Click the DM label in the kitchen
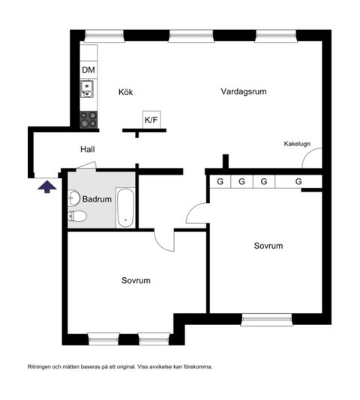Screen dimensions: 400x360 click(88, 70)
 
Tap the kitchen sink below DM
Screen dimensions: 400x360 click(88, 91)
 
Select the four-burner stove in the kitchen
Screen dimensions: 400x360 click(88, 118)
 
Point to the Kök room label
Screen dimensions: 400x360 click(125, 93)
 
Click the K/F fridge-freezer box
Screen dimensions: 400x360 click(151, 118)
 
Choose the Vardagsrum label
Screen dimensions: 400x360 click(244, 91)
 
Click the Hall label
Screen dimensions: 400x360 click(88, 150)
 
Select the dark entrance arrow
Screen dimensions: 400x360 click(46, 186)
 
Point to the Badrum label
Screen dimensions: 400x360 click(97, 200)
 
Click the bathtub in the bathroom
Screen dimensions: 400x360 click(125, 209)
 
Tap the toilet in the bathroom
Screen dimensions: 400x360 click(77, 216)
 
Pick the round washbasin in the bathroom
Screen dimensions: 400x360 click(73, 199)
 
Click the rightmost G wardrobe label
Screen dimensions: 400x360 click(298, 181)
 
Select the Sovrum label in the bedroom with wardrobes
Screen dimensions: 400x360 click(268, 246)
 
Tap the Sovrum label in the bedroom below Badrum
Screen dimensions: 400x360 click(136, 281)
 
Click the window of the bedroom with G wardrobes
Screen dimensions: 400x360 click(266, 320)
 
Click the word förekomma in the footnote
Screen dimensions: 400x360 click(197, 367)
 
